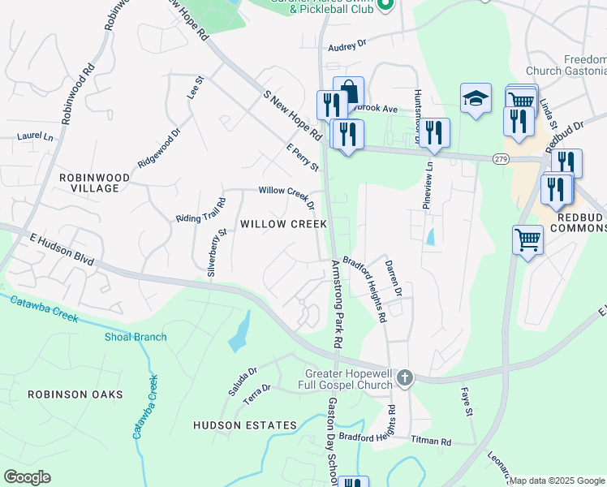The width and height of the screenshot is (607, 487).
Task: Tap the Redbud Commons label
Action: tap(578, 221)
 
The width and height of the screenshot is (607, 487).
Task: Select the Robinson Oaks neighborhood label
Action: tap(75, 394)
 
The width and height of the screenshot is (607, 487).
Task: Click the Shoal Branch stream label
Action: tap(136, 337)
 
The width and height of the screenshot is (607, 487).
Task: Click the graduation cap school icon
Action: tap(476, 99)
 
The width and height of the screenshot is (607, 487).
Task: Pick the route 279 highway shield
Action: tap(500, 159)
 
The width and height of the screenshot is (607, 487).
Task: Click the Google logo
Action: tap(27, 477)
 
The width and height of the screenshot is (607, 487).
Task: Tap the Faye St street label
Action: tap(467, 402)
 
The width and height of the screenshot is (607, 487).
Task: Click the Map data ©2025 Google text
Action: tap(557, 481)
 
